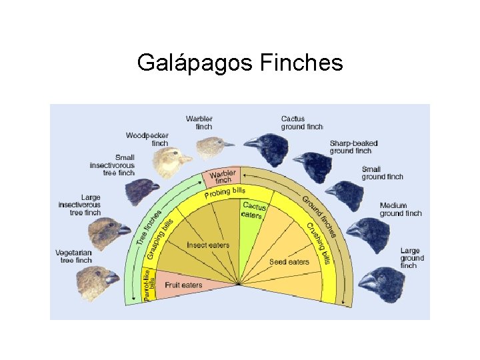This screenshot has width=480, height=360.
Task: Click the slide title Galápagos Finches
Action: coord(240,63)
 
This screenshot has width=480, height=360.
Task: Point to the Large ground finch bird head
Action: coord(380,283)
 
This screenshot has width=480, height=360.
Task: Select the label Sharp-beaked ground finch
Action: coord(353,147)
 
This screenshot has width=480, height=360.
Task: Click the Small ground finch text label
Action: coord(383,173)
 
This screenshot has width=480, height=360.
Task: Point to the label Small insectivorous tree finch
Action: coord(112,165)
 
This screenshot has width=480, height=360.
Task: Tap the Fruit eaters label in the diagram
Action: coord(183,285)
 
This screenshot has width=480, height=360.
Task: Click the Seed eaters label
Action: coord(289,262)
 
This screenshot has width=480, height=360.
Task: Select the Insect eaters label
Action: coord(208,245)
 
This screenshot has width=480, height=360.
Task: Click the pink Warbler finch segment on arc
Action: coord(222,178)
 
